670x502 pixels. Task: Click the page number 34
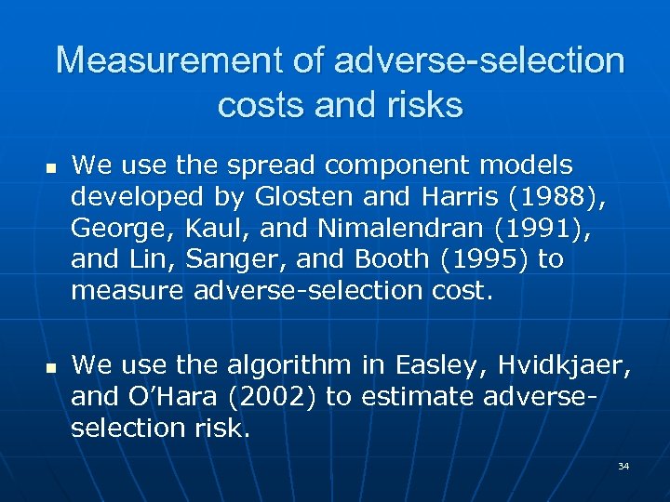coord(623,466)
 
